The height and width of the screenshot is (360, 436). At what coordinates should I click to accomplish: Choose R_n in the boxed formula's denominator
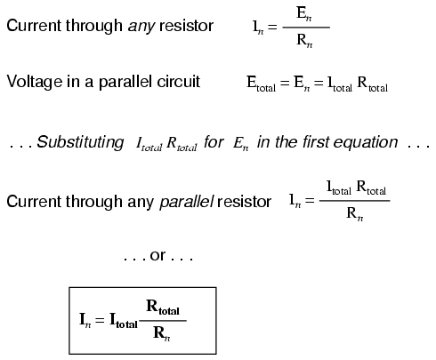click(x=161, y=333)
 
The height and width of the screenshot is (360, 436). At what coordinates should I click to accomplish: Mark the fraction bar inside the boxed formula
click(x=162, y=322)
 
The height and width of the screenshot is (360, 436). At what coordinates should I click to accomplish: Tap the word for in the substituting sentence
click(x=212, y=142)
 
